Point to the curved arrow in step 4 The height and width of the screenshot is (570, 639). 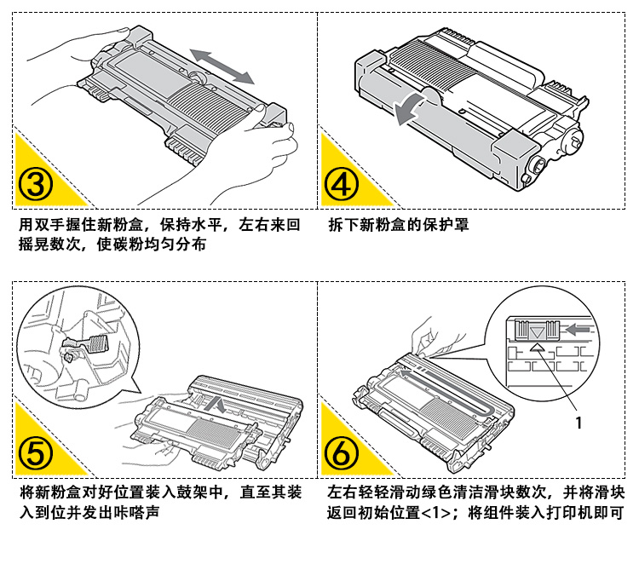(407, 107)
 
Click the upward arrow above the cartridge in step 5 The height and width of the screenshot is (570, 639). (220, 405)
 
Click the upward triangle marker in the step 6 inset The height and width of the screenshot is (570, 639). (536, 348)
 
